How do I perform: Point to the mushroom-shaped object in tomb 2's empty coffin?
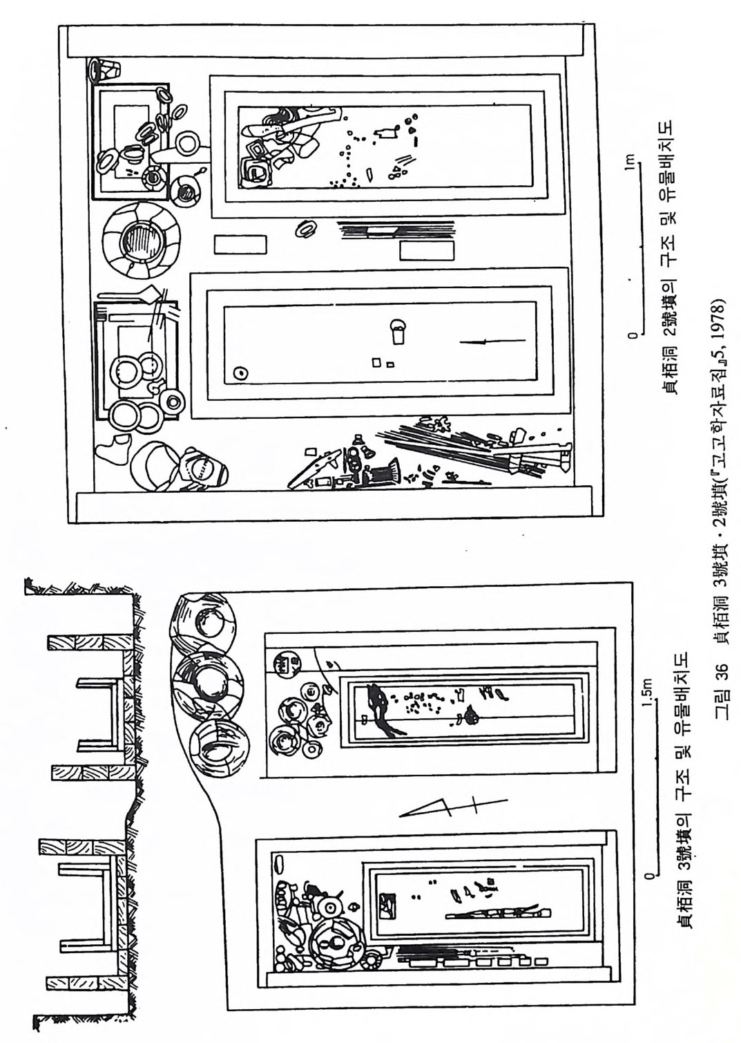click(398, 331)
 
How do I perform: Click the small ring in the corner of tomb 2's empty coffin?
click(240, 373)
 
